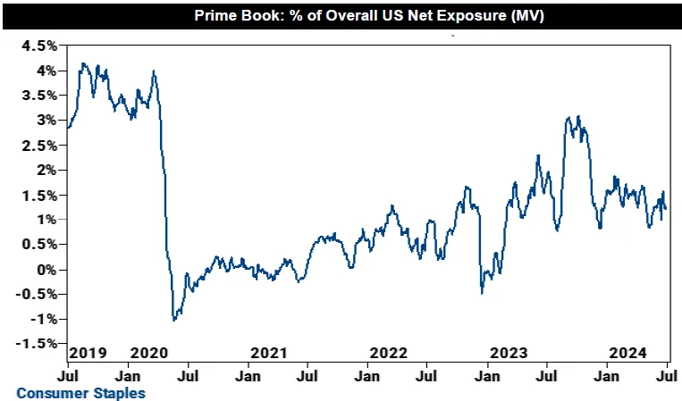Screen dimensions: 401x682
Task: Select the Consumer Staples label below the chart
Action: coord(80,392)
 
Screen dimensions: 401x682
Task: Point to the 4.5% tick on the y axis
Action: coord(40,45)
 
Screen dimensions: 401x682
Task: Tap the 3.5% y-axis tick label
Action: coord(40,95)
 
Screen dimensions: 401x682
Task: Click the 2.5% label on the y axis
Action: coord(40,145)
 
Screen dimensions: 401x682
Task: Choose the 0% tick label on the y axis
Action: coord(46,269)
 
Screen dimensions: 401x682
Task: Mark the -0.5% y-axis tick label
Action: coord(38,294)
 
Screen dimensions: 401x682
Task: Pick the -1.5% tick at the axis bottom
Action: coord(38,343)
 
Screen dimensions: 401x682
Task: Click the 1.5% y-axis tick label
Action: coord(40,194)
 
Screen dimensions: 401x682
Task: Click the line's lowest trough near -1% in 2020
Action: coord(173,319)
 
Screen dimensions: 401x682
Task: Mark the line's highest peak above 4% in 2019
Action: coord(83,63)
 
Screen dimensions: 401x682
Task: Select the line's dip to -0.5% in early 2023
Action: coord(482,293)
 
